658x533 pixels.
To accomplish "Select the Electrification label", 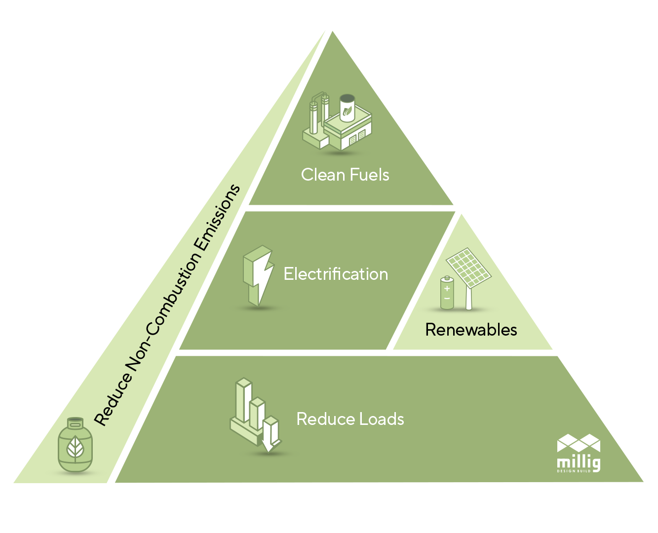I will [336, 274].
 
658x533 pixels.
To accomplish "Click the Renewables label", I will [471, 330].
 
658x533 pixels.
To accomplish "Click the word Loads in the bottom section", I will [382, 419].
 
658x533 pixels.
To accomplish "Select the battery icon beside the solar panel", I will [447, 293].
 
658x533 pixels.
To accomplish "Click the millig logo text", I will [579, 463].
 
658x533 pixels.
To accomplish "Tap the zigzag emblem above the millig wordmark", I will [579, 443].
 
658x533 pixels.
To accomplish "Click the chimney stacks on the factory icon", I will [318, 114].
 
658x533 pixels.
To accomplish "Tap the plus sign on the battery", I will [447, 288].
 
